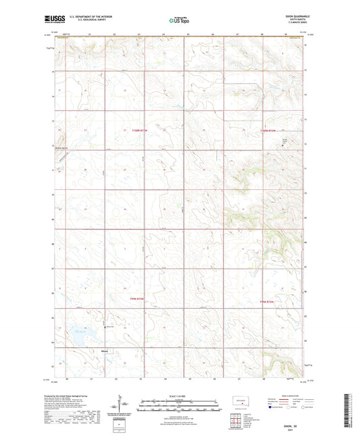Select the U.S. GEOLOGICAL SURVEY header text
tap(84, 20)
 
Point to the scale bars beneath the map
tap(179, 405)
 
